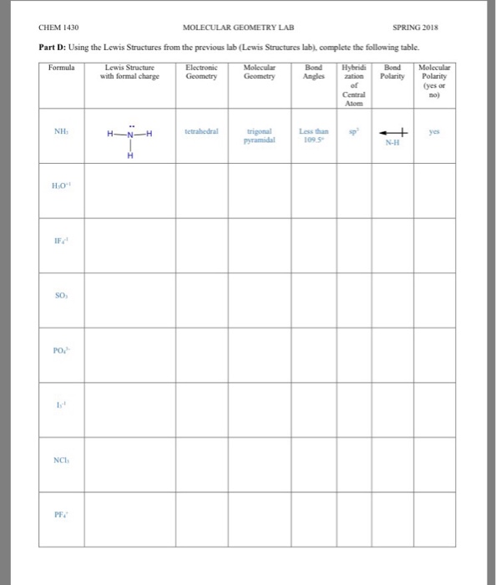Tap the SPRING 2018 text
pos(433,27)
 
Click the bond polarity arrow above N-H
pos(391,131)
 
